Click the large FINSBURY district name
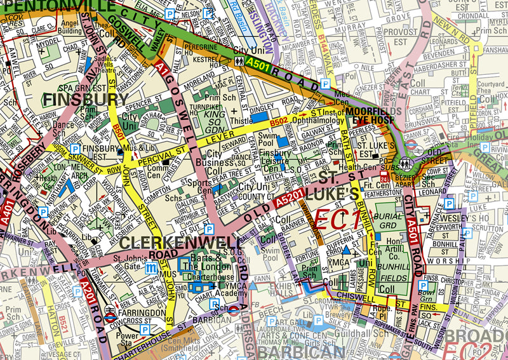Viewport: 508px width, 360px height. (x=86, y=100)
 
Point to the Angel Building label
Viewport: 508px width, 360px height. (x=69, y=27)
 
